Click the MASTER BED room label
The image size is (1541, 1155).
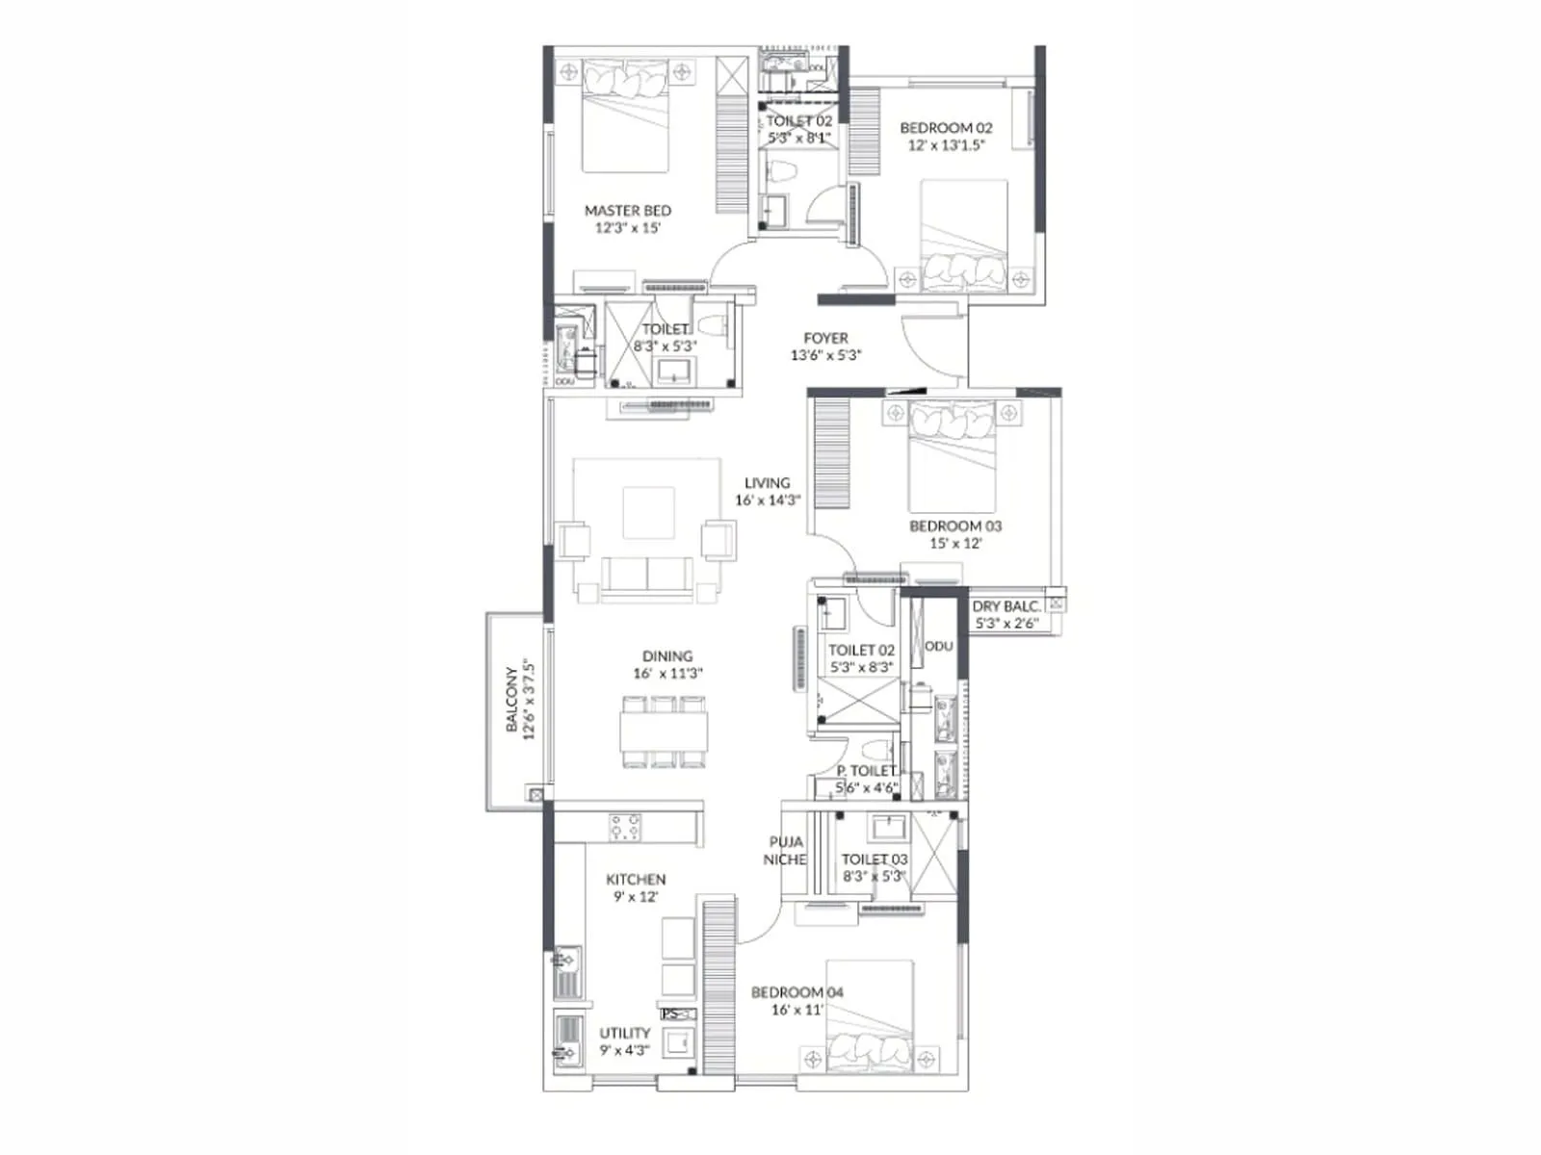pyautogui.click(x=627, y=211)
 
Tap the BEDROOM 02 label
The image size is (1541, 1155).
pyautogui.click(x=946, y=128)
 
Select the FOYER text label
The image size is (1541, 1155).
pyautogui.click(x=825, y=339)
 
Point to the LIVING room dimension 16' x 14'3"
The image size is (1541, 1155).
pyautogui.click(x=768, y=500)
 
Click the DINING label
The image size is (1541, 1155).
pyautogui.click(x=667, y=656)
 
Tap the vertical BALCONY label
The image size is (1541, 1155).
pyautogui.click(x=512, y=700)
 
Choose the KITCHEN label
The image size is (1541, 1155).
pyautogui.click(x=636, y=880)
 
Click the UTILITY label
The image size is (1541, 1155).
pyautogui.click(x=624, y=1033)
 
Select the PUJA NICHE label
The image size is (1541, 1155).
pyautogui.click(x=785, y=851)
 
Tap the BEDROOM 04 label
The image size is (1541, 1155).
pyautogui.click(x=797, y=992)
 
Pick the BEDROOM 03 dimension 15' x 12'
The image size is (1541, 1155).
pyautogui.click(x=955, y=544)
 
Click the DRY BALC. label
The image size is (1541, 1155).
pyautogui.click(x=1006, y=606)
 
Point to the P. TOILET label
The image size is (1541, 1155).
pyautogui.click(x=865, y=771)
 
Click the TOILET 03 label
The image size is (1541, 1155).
pyautogui.click(x=874, y=860)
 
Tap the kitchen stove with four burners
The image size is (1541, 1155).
pyautogui.click(x=625, y=827)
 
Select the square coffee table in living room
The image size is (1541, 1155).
pyautogui.click(x=648, y=513)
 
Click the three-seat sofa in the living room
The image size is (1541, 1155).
pyautogui.click(x=646, y=577)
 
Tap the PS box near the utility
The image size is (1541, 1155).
pyautogui.click(x=676, y=1014)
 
